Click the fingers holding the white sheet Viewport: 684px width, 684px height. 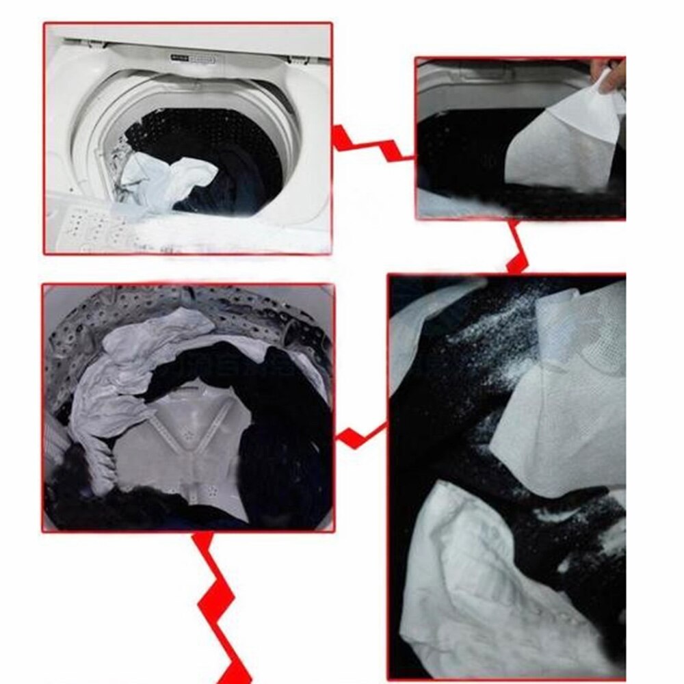click(x=609, y=74)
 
